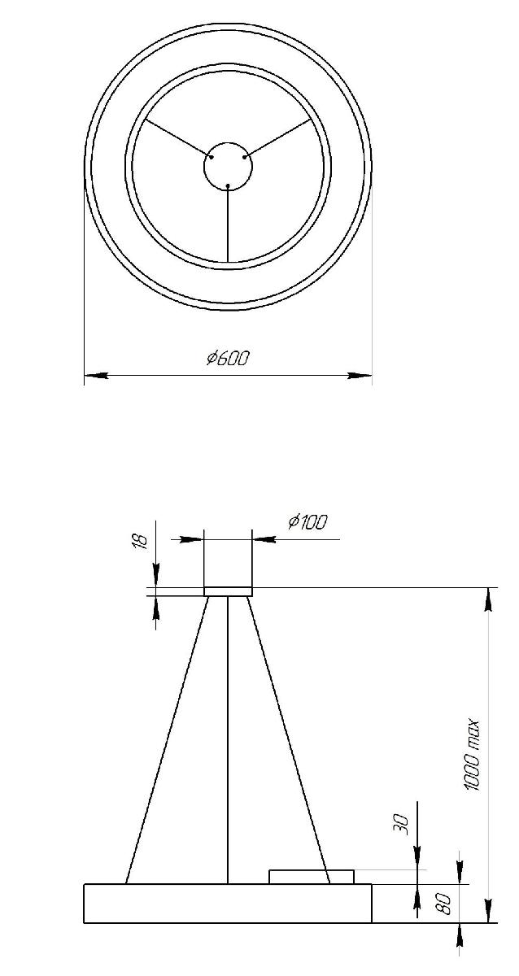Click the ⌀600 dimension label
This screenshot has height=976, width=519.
point(228,358)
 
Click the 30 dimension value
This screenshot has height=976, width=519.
point(400,823)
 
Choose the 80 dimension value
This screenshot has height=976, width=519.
point(445,904)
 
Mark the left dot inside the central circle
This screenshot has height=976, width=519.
point(212,157)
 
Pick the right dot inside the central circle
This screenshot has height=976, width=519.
point(244,157)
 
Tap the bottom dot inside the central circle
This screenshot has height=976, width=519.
point(228,186)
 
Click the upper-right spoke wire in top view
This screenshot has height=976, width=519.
point(278,138)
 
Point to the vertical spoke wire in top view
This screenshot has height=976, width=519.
point(228,224)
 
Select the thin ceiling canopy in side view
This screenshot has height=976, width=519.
point(228,591)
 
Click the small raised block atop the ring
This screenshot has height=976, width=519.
point(312,876)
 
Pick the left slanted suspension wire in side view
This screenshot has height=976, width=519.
point(167,740)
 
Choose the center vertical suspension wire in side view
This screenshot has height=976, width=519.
point(228,740)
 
